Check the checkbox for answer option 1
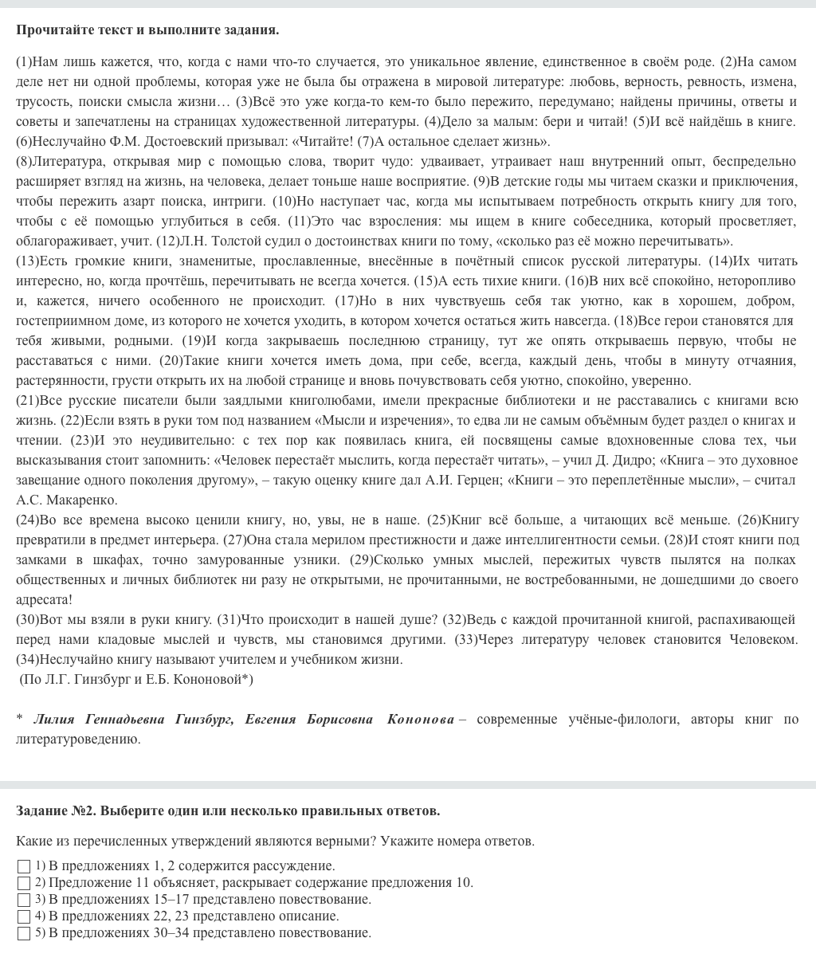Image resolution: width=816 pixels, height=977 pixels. tap(24, 866)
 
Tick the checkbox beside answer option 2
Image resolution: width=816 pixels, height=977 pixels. tap(24, 883)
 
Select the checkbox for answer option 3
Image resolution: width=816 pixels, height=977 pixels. tap(24, 900)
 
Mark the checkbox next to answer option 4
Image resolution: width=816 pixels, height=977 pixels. tap(24, 916)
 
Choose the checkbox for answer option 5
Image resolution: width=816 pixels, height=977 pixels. tap(24, 933)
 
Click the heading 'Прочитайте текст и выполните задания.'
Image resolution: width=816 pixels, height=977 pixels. tap(147, 30)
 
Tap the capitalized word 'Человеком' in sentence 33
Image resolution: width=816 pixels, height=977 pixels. tap(764, 640)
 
